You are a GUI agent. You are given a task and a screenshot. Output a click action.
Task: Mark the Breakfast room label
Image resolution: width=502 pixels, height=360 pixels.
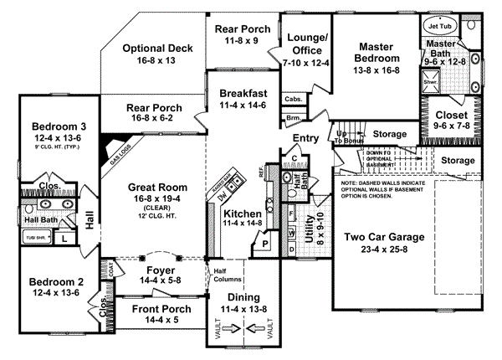click(x=243, y=93)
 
